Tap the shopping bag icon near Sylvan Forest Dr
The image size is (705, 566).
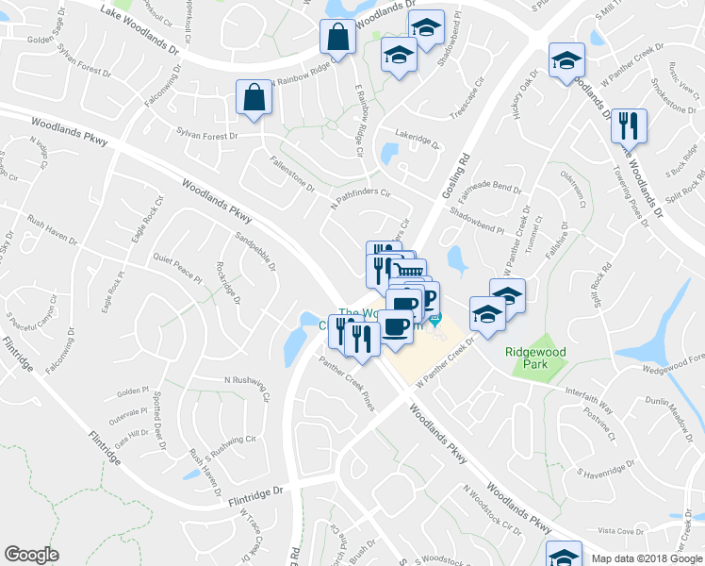255,97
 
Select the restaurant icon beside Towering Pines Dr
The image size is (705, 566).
627,125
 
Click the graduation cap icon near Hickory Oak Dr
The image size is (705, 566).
566,62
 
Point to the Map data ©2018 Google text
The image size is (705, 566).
646,558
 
